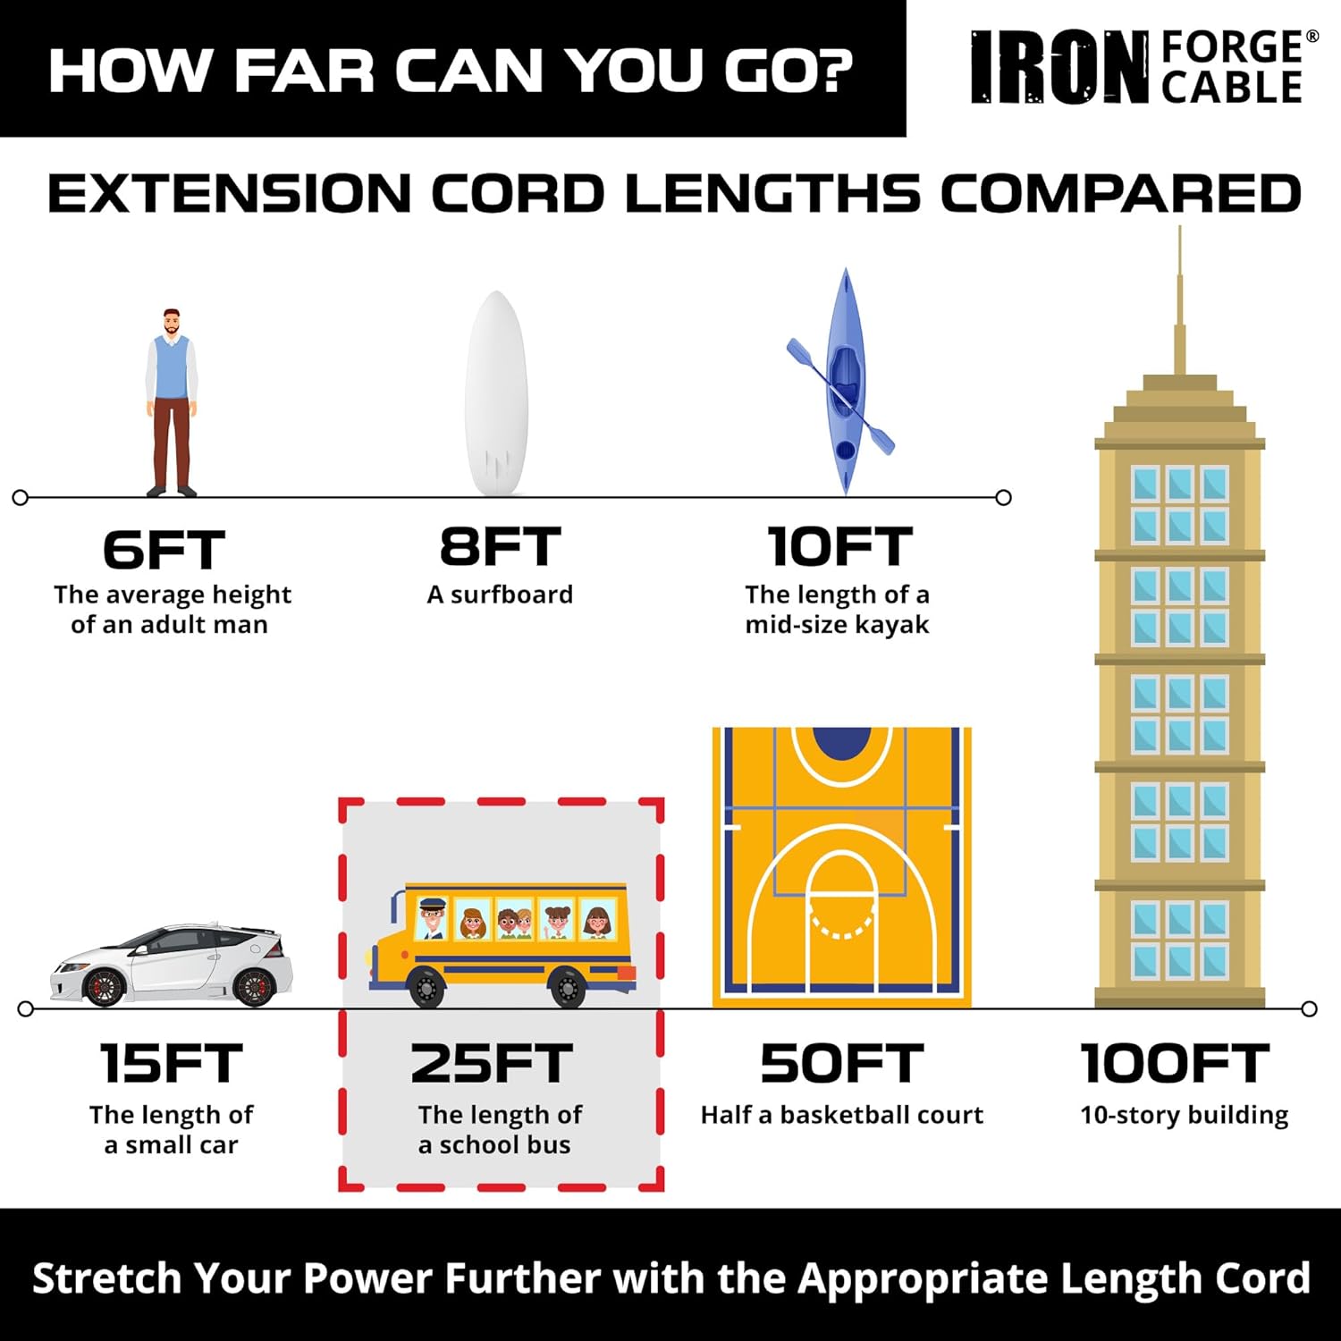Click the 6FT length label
164,550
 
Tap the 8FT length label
500,547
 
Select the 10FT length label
839,547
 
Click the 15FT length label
171,1064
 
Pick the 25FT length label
491,1064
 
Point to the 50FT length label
841,1064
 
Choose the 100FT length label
1175,1064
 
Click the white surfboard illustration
497,393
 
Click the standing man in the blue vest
172,402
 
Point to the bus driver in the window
433,918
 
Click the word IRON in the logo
1060,68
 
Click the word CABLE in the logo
1232,88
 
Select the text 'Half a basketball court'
841,1115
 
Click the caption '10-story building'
1184,1115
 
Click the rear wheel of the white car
253,986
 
